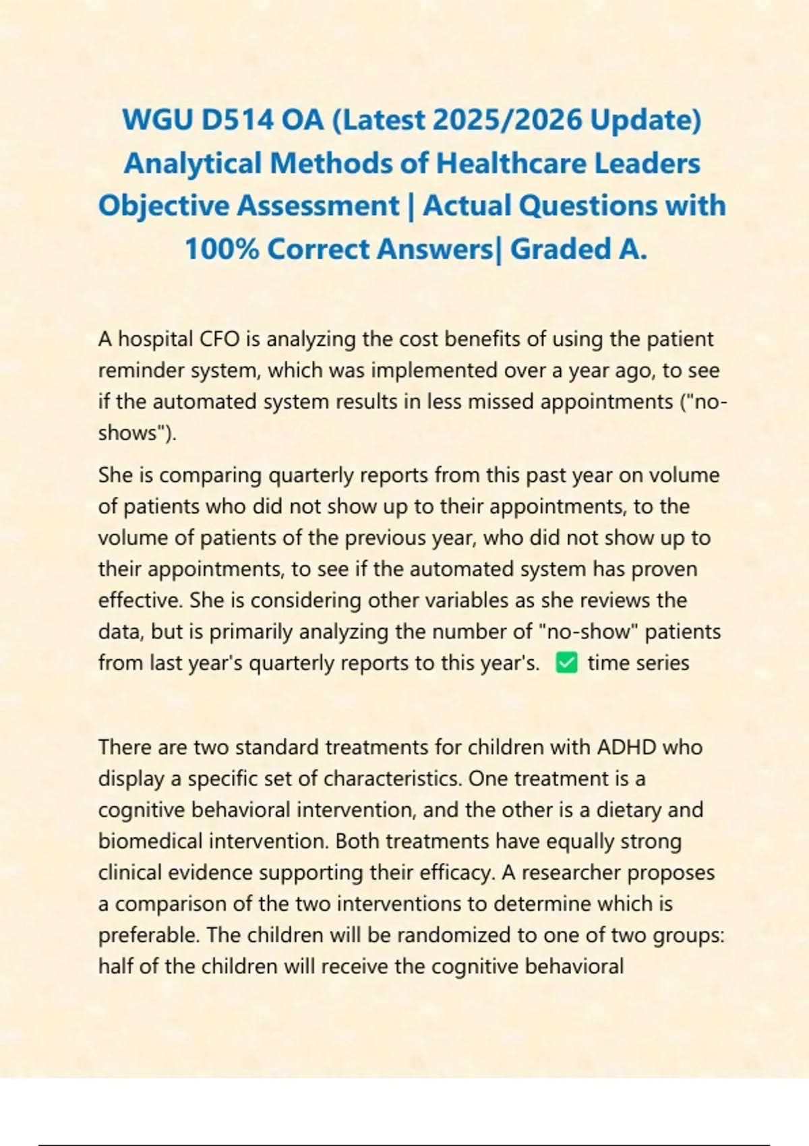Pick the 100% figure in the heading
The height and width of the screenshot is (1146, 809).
(222, 249)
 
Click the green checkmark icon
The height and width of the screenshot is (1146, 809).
(566, 663)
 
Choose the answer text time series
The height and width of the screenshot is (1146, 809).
(638, 663)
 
